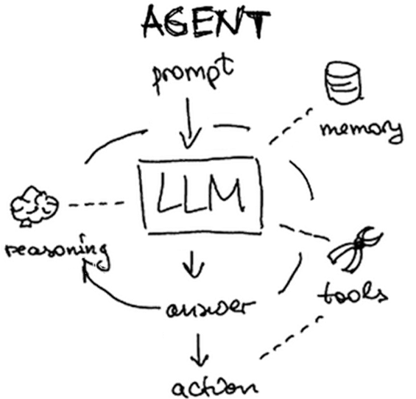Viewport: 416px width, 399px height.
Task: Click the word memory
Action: tap(362, 130)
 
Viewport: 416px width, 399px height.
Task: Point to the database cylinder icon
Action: tap(344, 82)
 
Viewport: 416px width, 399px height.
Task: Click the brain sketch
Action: tap(34, 207)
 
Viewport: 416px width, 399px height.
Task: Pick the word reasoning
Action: tap(57, 252)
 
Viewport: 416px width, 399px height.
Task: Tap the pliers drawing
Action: tap(356, 250)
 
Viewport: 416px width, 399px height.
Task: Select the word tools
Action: tap(353, 294)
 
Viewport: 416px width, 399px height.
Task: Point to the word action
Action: tap(214, 388)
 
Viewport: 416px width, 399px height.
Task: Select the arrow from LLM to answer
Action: tap(193, 264)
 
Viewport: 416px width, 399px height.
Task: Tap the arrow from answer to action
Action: tap(199, 350)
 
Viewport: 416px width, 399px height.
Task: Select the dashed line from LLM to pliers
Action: tap(305, 233)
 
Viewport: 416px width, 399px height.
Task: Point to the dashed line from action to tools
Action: tap(291, 337)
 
